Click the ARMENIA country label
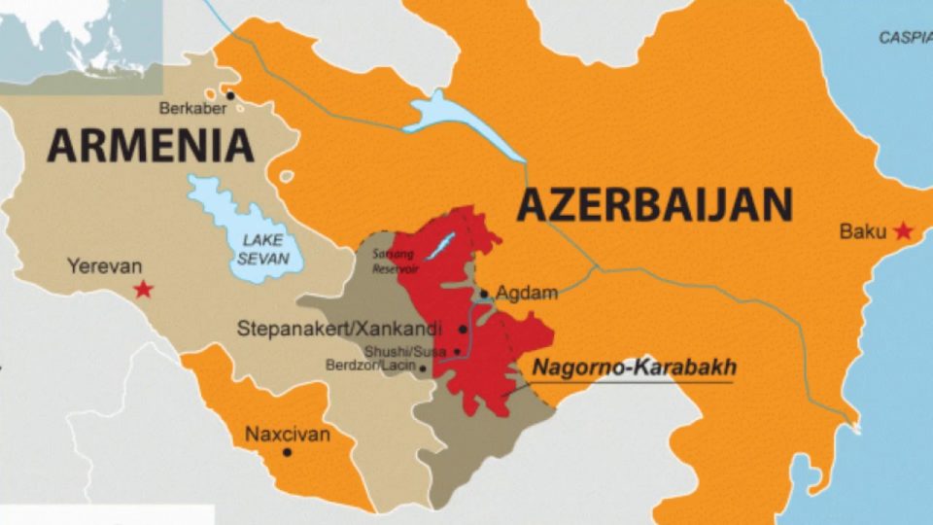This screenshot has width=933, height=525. tap(151, 146)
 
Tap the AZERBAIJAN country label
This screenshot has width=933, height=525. tap(654, 205)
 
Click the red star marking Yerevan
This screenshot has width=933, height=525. tap(145, 289)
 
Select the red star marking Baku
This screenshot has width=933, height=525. tap(904, 231)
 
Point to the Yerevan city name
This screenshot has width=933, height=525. tap(104, 265)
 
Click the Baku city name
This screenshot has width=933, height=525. tap(863, 232)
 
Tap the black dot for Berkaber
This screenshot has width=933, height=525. tap(230, 95)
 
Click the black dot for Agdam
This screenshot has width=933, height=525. tap(484, 293)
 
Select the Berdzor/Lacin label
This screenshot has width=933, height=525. tap(375, 366)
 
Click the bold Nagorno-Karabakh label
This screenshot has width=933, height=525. tap(634, 368)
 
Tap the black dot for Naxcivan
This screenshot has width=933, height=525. tap(287, 452)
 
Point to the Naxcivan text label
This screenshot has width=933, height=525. tap(287, 434)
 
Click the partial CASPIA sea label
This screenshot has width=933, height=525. tap(905, 38)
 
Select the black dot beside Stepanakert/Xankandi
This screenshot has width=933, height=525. tap(463, 329)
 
